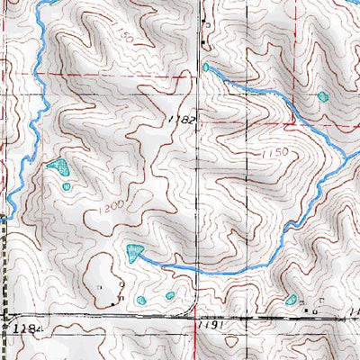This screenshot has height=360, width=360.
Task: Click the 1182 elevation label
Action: click(x=180, y=120)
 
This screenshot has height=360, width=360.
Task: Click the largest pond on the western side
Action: click(x=58, y=166)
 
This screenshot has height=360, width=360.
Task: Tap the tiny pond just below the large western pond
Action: click(x=67, y=186)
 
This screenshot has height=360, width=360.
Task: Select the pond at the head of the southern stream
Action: click(x=135, y=251)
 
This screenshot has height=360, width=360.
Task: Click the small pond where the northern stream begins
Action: click(x=206, y=67)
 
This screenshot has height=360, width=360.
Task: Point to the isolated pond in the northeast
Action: click(x=322, y=95)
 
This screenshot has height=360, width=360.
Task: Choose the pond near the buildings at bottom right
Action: click(x=291, y=300)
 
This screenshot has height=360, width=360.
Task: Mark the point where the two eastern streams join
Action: click(x=346, y=157)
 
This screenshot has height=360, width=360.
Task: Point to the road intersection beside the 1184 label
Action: click(x=6, y=317)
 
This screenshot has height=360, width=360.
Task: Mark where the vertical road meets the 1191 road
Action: click(x=195, y=317)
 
